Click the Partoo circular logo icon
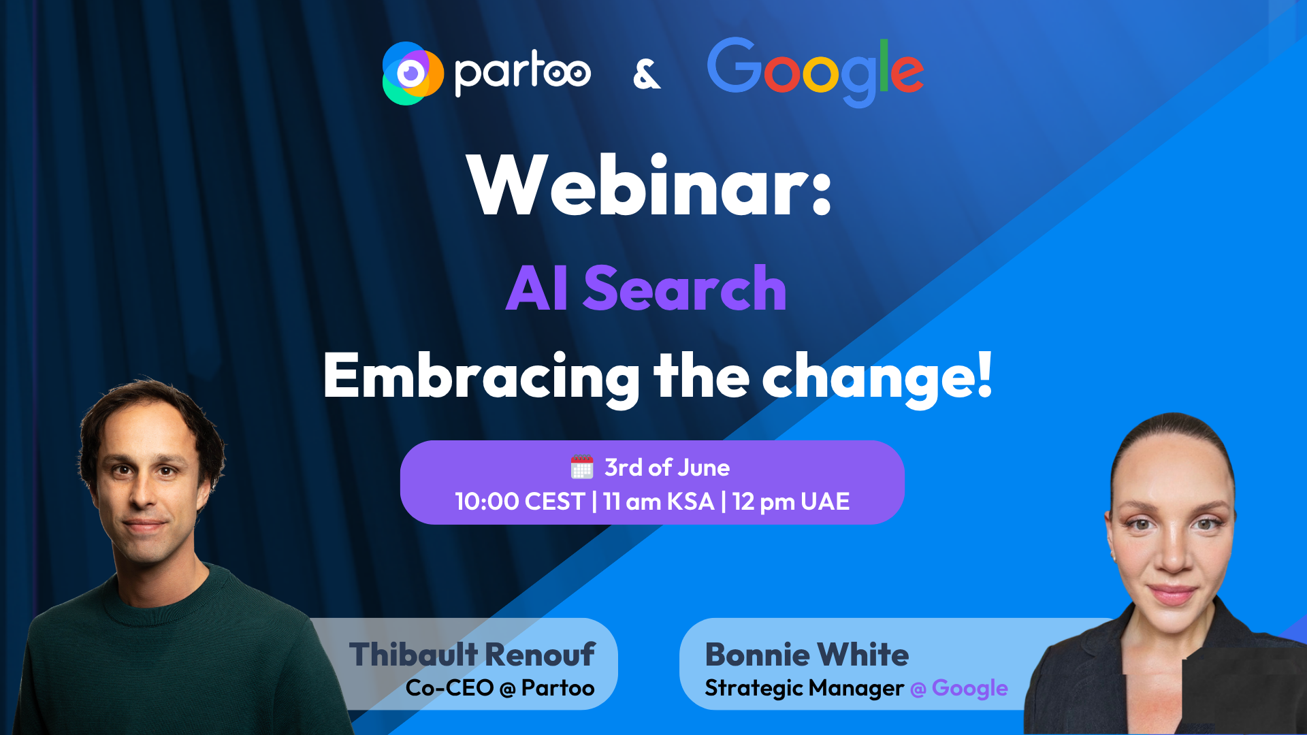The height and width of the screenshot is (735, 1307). pyautogui.click(x=413, y=73)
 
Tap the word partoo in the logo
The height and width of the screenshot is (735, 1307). pyautogui.click(x=522, y=73)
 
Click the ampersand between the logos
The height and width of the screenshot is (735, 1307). pyautogui.click(x=646, y=74)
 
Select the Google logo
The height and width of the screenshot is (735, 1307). pyautogui.click(x=816, y=72)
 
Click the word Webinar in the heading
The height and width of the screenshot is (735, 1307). pyautogui.click(x=639, y=185)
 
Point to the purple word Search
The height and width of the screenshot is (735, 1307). pyautogui.click(x=685, y=289)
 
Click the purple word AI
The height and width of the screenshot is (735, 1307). pyautogui.click(x=536, y=289)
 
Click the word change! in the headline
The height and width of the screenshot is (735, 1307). pyautogui.click(x=877, y=378)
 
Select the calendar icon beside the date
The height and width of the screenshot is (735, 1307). pyautogui.click(x=582, y=468)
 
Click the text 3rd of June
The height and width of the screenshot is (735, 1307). pyautogui.click(x=667, y=468)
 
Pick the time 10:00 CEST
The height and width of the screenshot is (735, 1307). pyautogui.click(x=520, y=502)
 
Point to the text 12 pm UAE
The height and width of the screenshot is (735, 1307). pyautogui.click(x=791, y=502)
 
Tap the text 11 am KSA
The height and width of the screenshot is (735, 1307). pyautogui.click(x=659, y=502)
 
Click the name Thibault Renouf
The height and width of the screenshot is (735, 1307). pyautogui.click(x=472, y=655)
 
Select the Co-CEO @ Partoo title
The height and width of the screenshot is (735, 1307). pyautogui.click(x=500, y=688)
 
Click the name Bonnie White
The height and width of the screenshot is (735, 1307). pyautogui.click(x=807, y=655)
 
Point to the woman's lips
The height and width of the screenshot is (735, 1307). pyautogui.click(x=1172, y=594)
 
